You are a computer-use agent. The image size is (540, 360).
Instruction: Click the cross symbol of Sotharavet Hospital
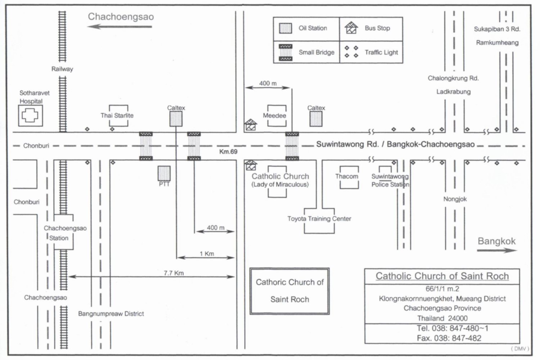(x=30, y=116)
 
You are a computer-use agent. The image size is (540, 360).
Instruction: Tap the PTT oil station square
(x=164, y=174)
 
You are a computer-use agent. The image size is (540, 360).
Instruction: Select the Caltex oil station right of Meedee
(x=316, y=119)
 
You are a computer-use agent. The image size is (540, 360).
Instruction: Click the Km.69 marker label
(x=228, y=152)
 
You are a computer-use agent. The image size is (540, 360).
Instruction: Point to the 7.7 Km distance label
(x=174, y=273)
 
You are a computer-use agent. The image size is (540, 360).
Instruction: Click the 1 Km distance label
(x=207, y=254)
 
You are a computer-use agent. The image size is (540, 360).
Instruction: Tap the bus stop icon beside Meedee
(x=251, y=125)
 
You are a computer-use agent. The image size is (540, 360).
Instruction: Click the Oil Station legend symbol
(x=285, y=28)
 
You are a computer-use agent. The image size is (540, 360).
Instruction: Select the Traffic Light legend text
(x=381, y=52)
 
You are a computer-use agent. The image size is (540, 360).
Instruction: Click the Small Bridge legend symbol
(x=285, y=53)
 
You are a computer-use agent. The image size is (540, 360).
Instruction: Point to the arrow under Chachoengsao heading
(x=120, y=26)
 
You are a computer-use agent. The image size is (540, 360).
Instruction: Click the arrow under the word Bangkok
(x=497, y=250)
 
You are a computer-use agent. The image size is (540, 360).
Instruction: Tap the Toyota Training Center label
(x=319, y=219)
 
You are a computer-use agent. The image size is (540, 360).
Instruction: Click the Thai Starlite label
(x=117, y=116)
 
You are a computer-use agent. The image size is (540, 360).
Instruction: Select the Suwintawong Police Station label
(x=390, y=180)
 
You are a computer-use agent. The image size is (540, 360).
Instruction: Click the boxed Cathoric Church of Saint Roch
(x=290, y=291)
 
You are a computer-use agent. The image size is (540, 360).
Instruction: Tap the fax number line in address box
(x=449, y=338)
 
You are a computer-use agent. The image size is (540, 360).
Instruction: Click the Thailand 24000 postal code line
(x=442, y=318)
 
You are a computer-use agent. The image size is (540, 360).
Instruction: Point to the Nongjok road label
(x=455, y=199)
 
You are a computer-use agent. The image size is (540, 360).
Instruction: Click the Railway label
(x=62, y=69)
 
